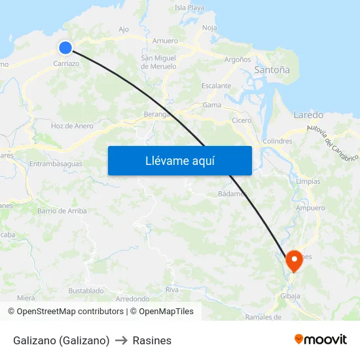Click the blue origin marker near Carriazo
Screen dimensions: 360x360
(x=65, y=47)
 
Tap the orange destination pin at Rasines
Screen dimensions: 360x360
(x=293, y=261)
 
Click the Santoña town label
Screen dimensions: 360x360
(x=272, y=69)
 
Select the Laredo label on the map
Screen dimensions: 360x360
(x=308, y=115)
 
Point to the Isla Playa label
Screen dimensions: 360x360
(x=190, y=8)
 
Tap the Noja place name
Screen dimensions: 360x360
(x=209, y=27)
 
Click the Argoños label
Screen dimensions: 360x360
(x=238, y=59)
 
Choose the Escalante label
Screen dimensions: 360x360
(x=216, y=86)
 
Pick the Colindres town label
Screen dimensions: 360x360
(x=277, y=141)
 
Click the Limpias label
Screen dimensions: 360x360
(x=308, y=181)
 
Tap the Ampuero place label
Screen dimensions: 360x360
(x=310, y=208)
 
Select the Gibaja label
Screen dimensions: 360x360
(x=290, y=296)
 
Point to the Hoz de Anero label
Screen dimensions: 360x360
(x=72, y=126)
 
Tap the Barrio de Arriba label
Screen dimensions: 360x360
(x=62, y=211)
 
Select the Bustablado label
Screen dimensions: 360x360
(x=86, y=291)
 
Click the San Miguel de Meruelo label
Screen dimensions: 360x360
(x=159, y=62)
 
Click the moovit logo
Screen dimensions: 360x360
(x=321, y=340)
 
